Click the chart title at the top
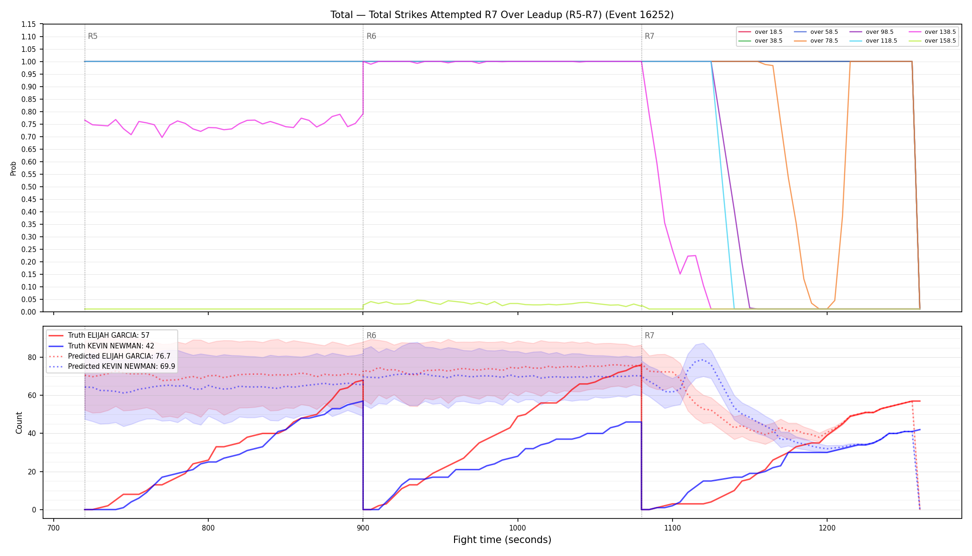click(x=502, y=15)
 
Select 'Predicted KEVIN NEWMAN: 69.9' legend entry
click(x=112, y=366)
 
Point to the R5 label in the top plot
click(x=93, y=36)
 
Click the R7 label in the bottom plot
click(x=649, y=335)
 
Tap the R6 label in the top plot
click(x=371, y=36)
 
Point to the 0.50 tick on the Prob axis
click(x=29, y=187)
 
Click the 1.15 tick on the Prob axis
click(x=29, y=24)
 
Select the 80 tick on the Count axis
click(x=32, y=357)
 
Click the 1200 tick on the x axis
click(x=827, y=527)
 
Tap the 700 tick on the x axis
click(x=54, y=527)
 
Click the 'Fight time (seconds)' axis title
click(x=502, y=540)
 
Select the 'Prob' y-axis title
click(x=13, y=168)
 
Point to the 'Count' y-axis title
click(x=19, y=423)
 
